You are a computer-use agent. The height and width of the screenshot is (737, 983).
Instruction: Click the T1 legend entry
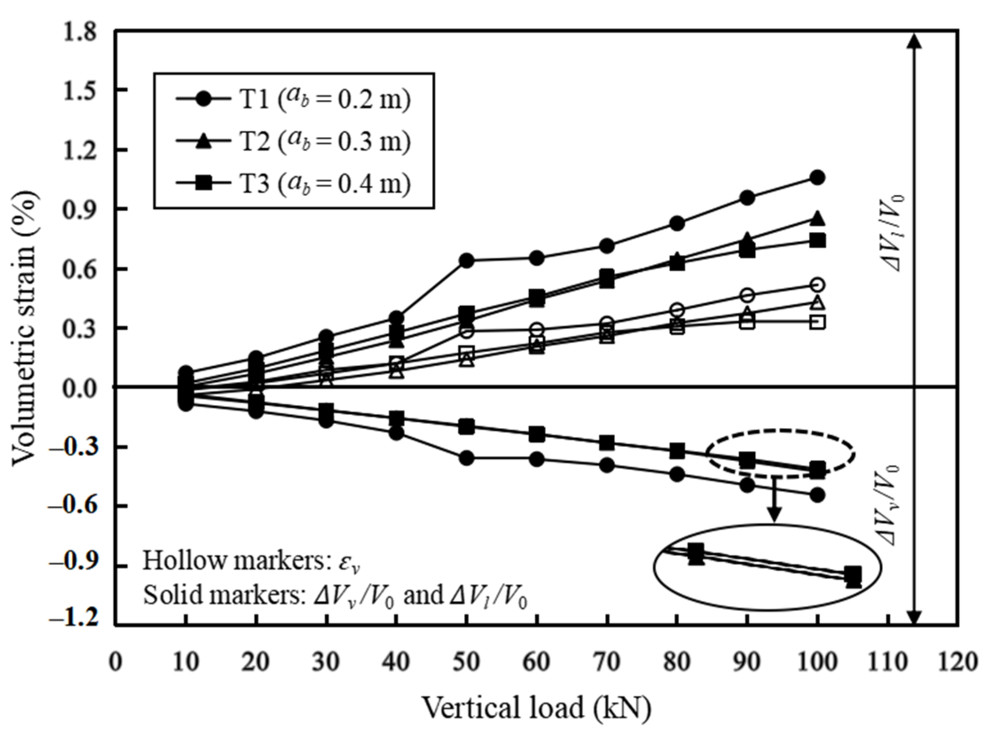tap(293, 99)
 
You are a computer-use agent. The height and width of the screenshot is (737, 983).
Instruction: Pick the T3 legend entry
tap(293, 183)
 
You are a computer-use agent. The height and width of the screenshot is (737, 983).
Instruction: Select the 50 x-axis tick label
tap(466, 662)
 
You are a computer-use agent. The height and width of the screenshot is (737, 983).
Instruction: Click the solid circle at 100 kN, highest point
tap(818, 178)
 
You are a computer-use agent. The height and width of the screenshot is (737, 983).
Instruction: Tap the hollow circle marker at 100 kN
tap(818, 285)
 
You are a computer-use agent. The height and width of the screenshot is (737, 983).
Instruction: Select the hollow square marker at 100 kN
tap(818, 322)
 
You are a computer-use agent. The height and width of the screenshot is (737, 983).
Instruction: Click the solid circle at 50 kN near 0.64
tap(466, 260)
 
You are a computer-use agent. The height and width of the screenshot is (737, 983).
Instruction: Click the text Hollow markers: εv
tap(255, 561)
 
